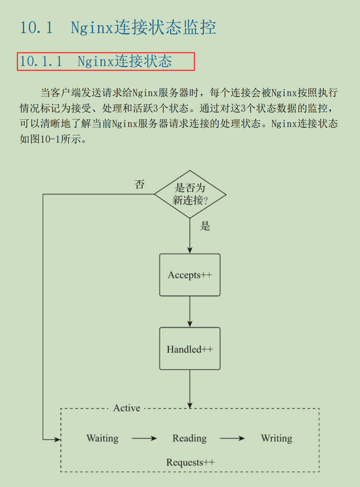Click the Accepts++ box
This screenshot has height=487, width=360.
point(190,275)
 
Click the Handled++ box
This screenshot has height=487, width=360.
point(190,349)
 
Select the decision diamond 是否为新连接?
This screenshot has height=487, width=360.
point(190,194)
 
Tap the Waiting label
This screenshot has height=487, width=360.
point(103,438)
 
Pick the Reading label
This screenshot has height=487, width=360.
point(189,438)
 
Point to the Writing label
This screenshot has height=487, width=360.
point(276,438)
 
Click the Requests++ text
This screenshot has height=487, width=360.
point(190,462)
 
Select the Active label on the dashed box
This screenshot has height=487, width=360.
point(127,408)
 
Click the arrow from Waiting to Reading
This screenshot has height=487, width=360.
point(144,439)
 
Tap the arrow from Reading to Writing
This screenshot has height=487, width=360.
point(232,439)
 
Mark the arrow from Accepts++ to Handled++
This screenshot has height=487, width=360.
point(190,311)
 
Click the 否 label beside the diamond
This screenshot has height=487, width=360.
point(139,185)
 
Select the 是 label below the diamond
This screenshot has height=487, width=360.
point(205,226)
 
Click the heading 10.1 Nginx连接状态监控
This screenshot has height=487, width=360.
point(118,28)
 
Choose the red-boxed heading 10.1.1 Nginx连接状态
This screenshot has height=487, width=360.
point(106,61)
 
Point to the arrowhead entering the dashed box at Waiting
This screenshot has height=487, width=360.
point(57,440)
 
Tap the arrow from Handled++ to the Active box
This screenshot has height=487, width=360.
point(190,388)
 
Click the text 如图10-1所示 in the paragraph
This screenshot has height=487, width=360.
point(52,139)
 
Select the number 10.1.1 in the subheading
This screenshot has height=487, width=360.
point(41,61)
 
